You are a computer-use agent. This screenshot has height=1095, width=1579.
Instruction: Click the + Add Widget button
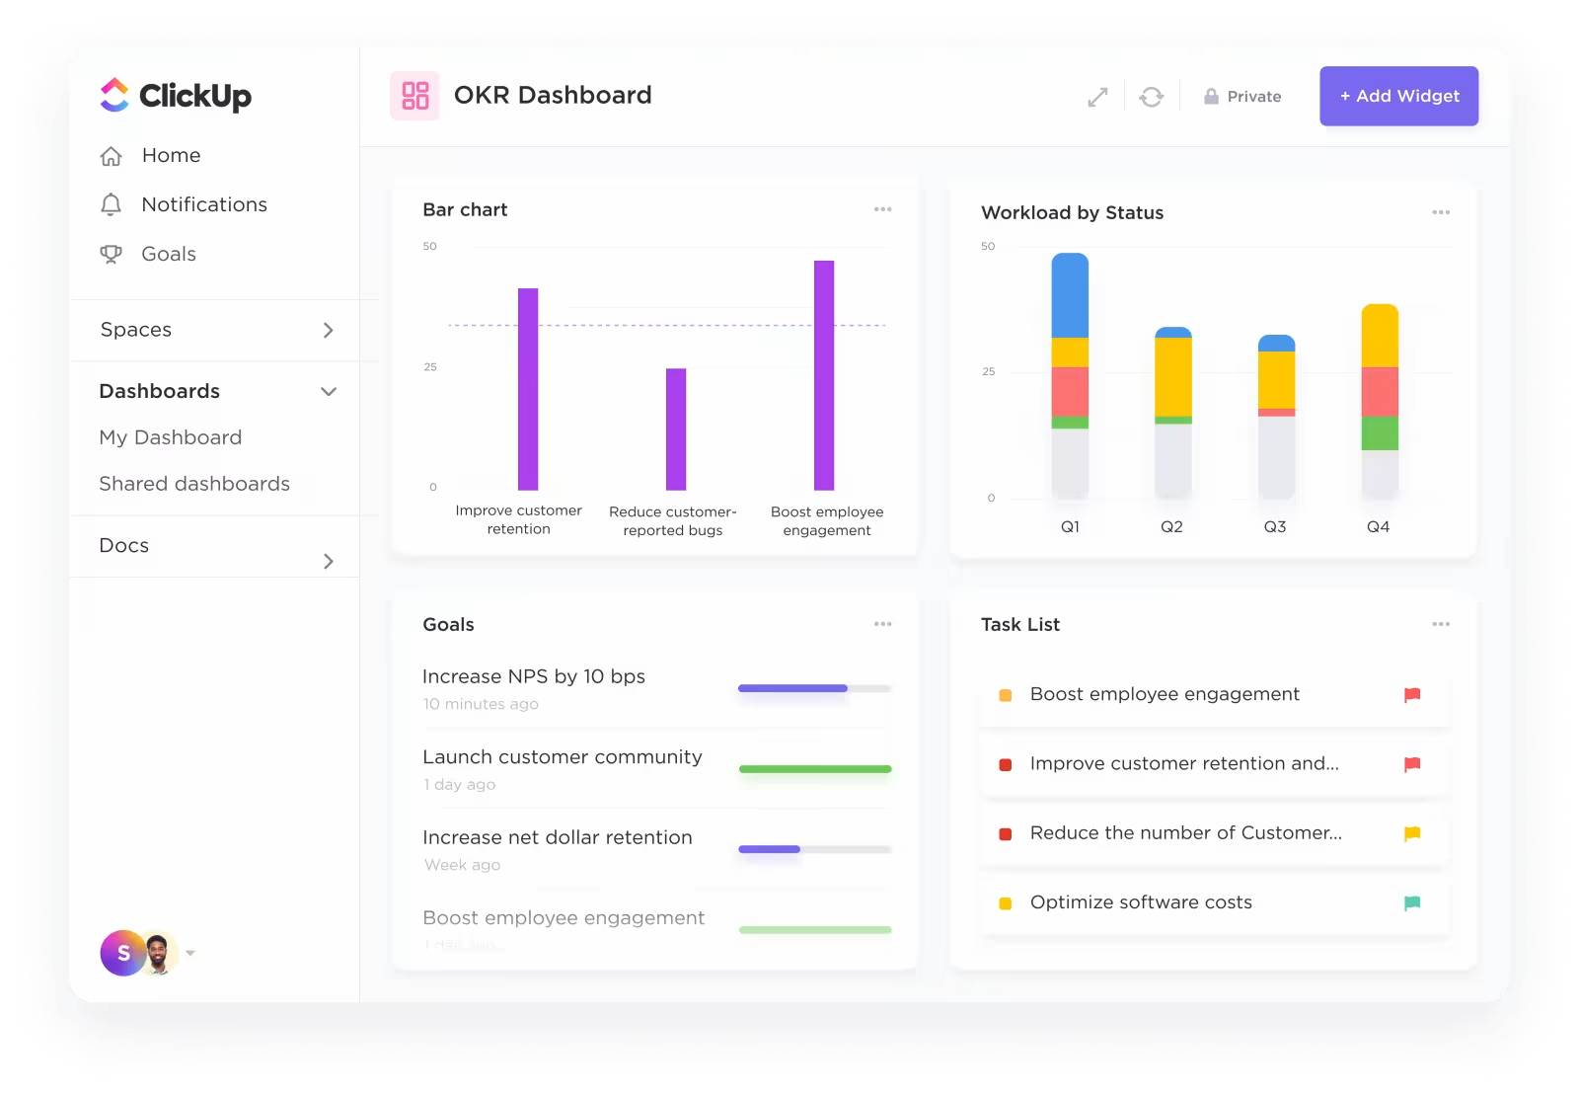click(x=1398, y=96)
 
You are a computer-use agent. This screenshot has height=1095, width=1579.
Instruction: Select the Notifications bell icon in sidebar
click(x=112, y=204)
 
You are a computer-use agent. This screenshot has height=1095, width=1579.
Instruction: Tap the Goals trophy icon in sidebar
click(x=112, y=254)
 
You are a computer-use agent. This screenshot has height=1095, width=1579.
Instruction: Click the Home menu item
click(x=171, y=155)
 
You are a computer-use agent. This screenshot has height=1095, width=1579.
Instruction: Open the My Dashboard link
click(x=170, y=437)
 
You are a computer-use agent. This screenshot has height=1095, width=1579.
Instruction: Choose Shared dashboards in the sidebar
click(x=194, y=484)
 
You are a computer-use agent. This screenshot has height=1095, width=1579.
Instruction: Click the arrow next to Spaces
click(x=329, y=330)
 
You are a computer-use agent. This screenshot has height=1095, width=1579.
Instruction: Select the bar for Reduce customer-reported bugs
click(x=676, y=429)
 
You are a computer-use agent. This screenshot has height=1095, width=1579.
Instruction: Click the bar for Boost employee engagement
click(x=824, y=375)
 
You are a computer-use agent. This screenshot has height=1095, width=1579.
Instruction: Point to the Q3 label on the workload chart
click(x=1275, y=527)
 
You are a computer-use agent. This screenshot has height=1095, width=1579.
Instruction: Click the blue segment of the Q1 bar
click(x=1070, y=296)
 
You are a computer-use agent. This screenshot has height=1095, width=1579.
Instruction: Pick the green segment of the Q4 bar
click(x=1380, y=433)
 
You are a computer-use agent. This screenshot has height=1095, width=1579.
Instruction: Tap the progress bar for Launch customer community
click(x=815, y=769)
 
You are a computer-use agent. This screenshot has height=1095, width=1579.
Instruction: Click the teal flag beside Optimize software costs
click(x=1412, y=902)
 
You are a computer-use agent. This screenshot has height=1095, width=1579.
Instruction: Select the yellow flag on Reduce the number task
click(x=1412, y=833)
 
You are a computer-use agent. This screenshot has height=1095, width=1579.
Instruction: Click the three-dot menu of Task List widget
click(x=1441, y=624)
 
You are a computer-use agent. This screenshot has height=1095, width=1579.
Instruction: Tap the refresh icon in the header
click(x=1151, y=97)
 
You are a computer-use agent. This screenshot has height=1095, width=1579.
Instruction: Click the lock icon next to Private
click(x=1211, y=97)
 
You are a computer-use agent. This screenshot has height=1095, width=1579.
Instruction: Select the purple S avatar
click(x=122, y=953)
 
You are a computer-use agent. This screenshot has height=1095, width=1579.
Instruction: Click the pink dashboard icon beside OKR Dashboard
click(x=415, y=96)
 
